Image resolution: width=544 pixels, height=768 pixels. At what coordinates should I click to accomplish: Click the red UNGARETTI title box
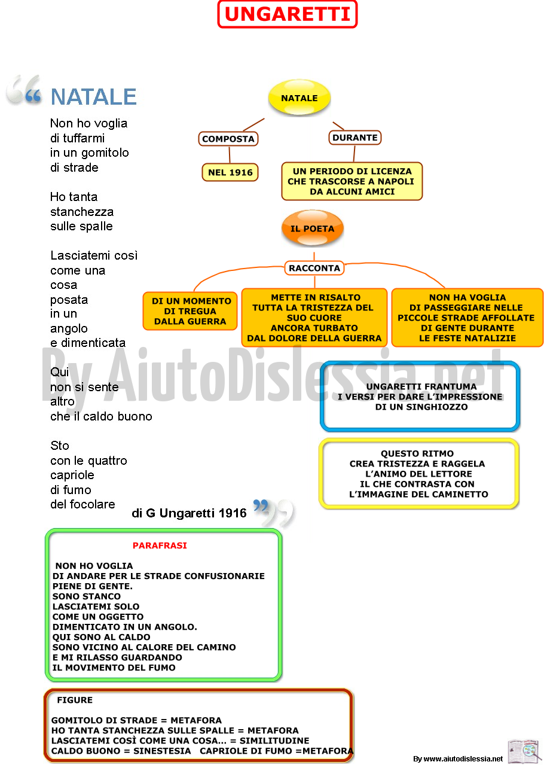tap(287, 14)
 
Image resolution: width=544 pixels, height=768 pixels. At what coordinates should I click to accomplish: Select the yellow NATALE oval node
tap(299, 97)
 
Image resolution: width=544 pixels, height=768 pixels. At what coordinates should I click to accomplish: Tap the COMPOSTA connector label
tap(228, 139)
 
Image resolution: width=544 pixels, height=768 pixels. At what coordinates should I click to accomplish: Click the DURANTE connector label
tap(355, 138)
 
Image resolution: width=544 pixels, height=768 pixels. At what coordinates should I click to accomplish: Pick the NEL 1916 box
tap(230, 172)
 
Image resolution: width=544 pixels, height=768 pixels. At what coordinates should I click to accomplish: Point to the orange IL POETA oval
tap(313, 228)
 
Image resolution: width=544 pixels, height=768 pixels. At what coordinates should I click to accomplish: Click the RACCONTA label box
tap(314, 268)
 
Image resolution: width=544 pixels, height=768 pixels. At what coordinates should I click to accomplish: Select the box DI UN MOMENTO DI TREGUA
tap(190, 311)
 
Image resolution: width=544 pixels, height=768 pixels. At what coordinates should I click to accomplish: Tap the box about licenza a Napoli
tap(352, 181)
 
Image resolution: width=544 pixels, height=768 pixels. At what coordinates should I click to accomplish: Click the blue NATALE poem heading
tap(93, 97)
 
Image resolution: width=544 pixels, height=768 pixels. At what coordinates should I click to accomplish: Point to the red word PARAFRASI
tap(160, 545)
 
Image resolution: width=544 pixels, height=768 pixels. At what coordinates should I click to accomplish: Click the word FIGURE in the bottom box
tap(75, 700)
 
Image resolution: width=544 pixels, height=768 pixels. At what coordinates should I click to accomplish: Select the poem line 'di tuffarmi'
tap(78, 138)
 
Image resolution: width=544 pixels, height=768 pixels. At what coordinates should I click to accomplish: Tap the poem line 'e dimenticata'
tap(88, 343)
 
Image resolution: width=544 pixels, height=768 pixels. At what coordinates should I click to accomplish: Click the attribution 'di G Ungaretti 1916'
tap(189, 513)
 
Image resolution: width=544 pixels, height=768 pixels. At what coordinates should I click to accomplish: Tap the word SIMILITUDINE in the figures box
tap(274, 740)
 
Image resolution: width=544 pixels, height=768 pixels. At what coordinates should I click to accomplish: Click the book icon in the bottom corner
tap(523, 751)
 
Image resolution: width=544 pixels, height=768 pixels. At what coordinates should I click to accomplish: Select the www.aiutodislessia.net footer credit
tap(458, 759)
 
